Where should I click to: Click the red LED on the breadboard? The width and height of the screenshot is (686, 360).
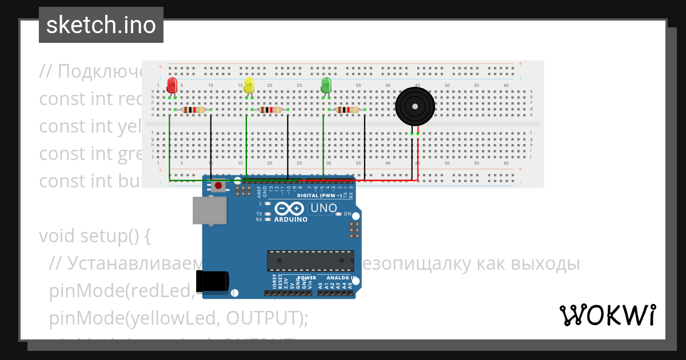coord(171,86)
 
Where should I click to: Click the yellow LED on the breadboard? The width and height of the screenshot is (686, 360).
coord(249,86)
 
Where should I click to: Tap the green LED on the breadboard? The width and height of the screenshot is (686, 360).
coord(326,86)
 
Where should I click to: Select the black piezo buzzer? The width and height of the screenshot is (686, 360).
coord(415,106)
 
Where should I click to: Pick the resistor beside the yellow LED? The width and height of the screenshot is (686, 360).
coord(270,110)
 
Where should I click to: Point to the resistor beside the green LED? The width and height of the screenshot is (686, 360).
coord(347,110)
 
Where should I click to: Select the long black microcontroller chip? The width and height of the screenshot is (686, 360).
coord(310,261)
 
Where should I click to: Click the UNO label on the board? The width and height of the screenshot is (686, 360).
coord(323,209)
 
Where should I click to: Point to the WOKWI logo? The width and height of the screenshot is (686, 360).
coord(607,315)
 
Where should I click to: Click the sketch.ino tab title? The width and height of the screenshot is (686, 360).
coord(101,25)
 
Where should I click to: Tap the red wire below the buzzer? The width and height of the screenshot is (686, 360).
coord(418,157)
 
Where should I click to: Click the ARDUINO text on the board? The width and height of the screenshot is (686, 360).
coord(291,219)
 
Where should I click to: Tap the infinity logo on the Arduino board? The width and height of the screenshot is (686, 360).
coord(290,209)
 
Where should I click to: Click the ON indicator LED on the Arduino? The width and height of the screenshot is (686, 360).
coord(338,214)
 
